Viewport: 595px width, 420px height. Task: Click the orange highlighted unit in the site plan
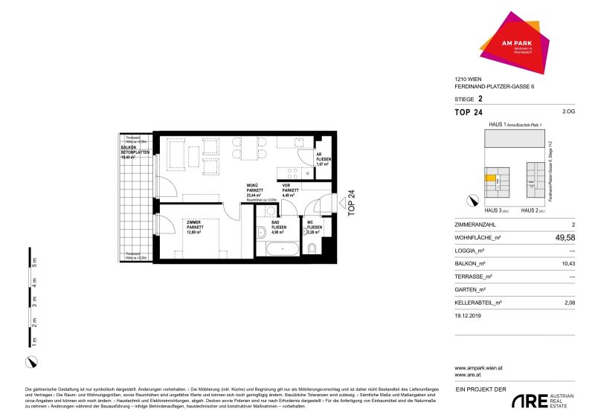pos(489,178)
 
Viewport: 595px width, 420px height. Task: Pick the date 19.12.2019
pos(469,315)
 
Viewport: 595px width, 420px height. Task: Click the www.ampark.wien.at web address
pos(480,367)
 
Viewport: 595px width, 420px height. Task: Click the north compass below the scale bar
pos(30,361)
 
